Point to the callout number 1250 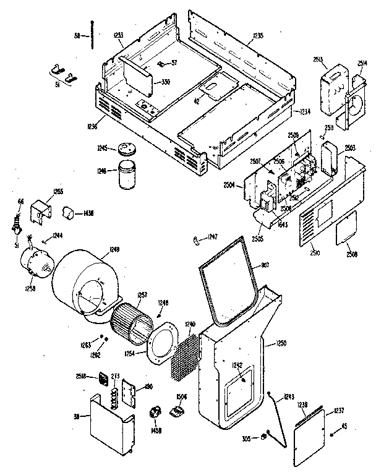(x=282, y=343)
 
